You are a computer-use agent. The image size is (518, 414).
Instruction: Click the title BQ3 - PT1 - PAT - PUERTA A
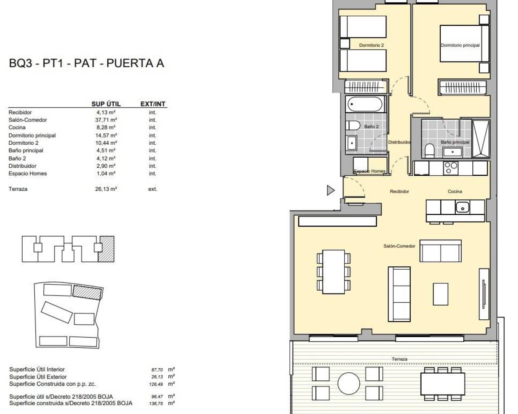point(86,63)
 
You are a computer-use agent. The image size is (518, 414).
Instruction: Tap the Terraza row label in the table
point(18,189)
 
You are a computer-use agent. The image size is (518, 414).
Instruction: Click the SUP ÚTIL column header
point(106,104)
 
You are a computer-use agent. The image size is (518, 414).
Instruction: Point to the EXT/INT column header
point(153,104)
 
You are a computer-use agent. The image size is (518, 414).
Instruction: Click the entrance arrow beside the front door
point(331,190)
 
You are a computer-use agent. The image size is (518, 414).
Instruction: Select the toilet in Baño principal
point(429,150)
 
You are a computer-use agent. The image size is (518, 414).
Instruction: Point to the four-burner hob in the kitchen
point(450,168)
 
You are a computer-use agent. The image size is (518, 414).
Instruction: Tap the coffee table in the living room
point(441,294)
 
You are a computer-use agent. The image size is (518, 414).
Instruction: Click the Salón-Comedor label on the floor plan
point(399,246)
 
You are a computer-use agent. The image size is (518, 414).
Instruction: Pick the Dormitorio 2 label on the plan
point(371,45)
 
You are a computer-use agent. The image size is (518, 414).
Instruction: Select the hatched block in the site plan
point(87,291)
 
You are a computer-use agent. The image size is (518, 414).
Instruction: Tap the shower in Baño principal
point(481,139)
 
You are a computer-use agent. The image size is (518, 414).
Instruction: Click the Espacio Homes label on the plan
point(369,171)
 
